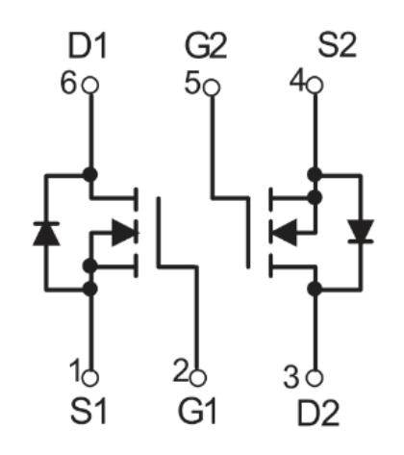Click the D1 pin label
pos(88,46)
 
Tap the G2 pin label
pos(206,46)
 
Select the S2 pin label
pos(337,45)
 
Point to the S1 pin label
pos(88,411)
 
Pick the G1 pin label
pos(197,411)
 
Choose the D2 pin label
pos(318,414)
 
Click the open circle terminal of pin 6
pos(90,86)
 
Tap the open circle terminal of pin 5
pos(212,88)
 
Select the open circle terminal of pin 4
pos(315,86)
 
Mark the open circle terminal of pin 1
pos(90,378)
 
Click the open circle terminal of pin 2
pos(198,378)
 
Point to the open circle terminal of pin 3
pos(315,378)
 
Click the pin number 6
pos(68,83)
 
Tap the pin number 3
pos(291,377)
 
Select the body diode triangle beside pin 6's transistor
pos(46,234)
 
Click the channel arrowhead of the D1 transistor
pos(124,233)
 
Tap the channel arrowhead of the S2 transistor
pos(284,233)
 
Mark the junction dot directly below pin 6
pos(90,175)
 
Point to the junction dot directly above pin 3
pos(315,289)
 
